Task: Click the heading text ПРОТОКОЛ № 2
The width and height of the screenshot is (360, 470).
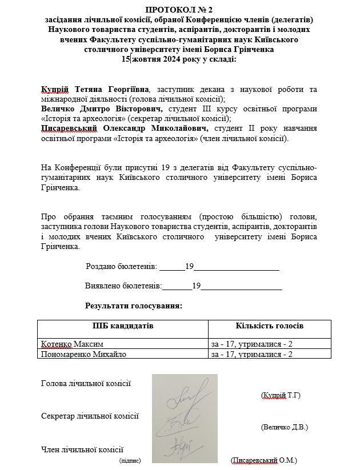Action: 179,10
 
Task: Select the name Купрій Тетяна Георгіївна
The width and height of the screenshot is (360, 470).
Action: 95,90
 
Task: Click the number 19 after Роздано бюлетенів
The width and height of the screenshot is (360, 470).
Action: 190,266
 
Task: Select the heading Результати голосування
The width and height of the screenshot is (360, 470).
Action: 134,306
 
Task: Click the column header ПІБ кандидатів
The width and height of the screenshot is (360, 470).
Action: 123,326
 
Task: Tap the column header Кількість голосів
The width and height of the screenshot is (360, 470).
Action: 270,326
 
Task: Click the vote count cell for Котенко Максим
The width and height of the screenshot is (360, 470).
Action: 252,344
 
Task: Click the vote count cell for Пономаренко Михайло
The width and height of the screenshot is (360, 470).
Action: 252,354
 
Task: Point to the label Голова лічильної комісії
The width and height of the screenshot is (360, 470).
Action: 86,383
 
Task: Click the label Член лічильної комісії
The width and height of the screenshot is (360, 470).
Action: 82,450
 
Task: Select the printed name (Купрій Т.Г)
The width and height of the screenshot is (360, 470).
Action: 280,395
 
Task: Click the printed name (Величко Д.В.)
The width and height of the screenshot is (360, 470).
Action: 284,427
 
